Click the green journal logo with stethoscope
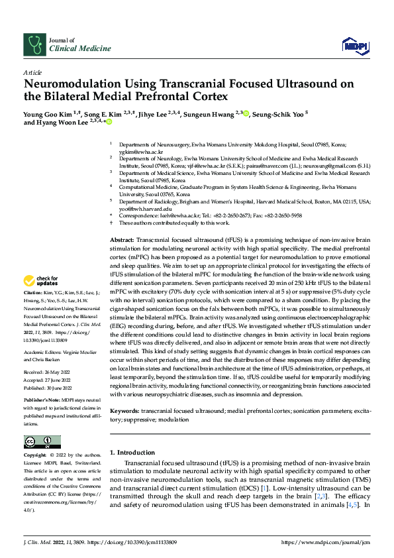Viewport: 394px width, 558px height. tap(34, 45)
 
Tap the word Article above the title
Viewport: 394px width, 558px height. tap(32, 72)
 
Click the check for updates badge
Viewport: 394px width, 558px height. tap(40, 300)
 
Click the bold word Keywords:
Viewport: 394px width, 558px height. tap(124, 392)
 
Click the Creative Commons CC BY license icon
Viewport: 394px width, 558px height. tap(42, 441)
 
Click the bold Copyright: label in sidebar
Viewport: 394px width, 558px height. tap(35, 456)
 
